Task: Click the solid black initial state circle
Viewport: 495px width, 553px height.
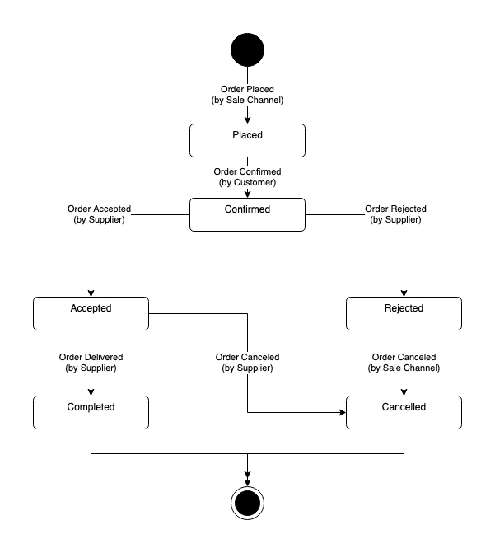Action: point(247,49)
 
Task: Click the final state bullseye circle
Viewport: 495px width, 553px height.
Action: point(247,502)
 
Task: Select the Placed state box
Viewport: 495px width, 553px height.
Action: point(247,140)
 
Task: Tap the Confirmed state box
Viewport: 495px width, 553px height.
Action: point(247,214)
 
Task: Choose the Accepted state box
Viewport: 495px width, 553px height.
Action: point(91,313)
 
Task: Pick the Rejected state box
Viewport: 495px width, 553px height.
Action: point(404,313)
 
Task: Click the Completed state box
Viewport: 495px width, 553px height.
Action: point(91,412)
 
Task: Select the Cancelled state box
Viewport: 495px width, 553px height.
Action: point(404,412)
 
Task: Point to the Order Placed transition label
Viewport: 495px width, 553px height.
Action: point(247,94)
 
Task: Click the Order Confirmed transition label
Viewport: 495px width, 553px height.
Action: point(247,177)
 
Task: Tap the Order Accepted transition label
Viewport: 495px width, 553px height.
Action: point(99,214)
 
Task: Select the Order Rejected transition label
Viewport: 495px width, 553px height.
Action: point(397,214)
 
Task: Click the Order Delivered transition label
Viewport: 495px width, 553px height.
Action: point(91,363)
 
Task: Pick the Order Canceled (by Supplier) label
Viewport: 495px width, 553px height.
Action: point(247,363)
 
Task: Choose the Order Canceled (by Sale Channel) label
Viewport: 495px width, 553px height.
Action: point(404,363)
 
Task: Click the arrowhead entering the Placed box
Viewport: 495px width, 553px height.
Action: point(247,120)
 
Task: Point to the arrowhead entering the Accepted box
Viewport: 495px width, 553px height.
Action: point(91,293)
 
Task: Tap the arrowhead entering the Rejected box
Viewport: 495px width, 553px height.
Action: point(404,293)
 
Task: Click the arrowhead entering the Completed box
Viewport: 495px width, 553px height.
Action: point(91,391)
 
